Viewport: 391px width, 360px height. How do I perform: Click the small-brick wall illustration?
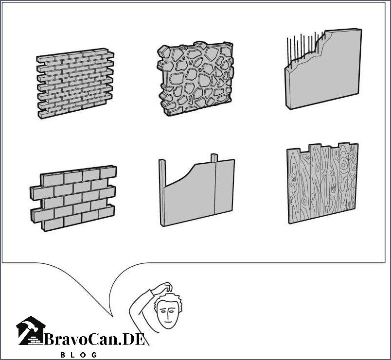click(x=75, y=83)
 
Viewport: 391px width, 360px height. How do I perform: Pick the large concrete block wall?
click(x=73, y=198)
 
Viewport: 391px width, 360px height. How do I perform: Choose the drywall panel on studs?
click(x=197, y=190)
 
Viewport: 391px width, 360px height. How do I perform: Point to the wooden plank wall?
click(x=322, y=183)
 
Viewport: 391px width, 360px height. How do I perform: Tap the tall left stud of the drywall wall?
click(x=162, y=192)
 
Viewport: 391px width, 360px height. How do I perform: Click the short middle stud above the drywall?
click(x=214, y=158)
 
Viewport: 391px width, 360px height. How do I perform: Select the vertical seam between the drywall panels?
click(x=215, y=189)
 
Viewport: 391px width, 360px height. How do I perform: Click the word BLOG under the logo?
click(x=79, y=355)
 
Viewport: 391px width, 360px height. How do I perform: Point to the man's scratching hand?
click(x=164, y=287)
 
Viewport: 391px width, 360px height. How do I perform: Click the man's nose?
click(x=168, y=315)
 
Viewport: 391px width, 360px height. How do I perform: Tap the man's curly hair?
click(x=172, y=301)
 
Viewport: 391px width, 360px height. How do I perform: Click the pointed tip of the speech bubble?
click(x=113, y=317)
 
